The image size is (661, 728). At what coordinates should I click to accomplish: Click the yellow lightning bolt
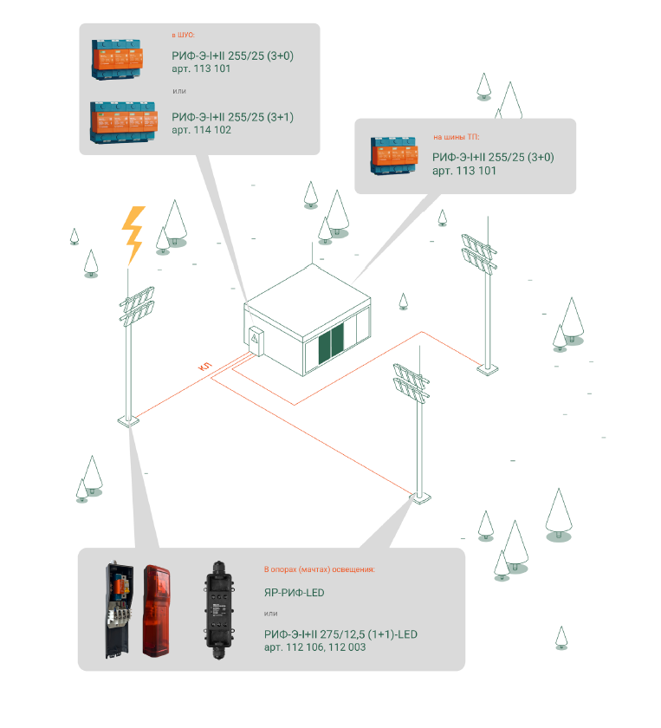click(133, 234)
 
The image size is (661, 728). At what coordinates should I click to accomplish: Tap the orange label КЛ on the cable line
click(206, 368)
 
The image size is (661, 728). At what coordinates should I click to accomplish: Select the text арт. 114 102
click(202, 130)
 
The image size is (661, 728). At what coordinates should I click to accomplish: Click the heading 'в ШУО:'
click(184, 36)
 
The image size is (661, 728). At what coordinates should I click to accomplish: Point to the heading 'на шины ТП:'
click(456, 137)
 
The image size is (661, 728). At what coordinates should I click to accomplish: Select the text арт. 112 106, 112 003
click(314, 647)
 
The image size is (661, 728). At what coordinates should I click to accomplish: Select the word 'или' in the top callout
click(179, 90)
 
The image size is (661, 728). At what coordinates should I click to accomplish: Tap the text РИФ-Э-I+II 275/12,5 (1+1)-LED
click(340, 634)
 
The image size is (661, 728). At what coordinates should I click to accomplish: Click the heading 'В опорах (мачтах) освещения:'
click(319, 569)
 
